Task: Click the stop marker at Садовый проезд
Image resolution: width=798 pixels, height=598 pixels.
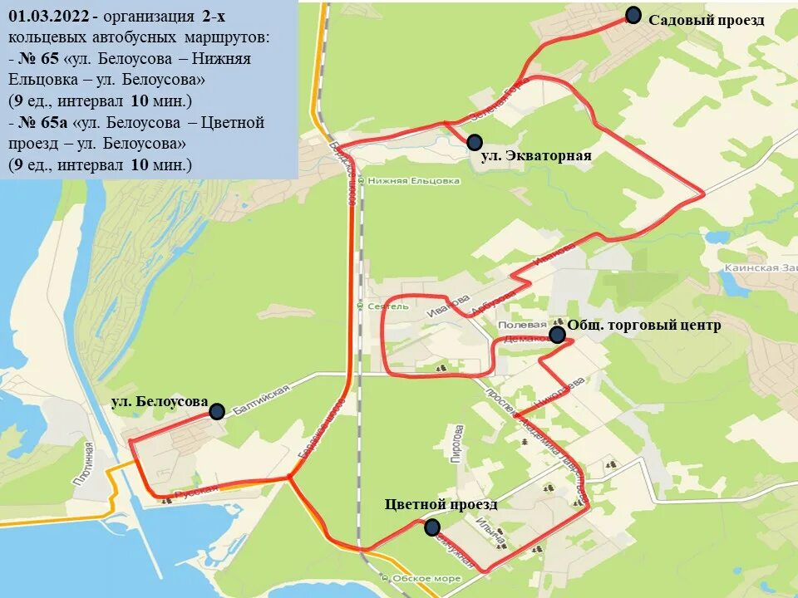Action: pos(633,16)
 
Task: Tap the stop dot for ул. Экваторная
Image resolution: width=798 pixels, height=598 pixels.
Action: pos(475,142)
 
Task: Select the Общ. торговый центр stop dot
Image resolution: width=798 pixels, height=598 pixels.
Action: pos(557,335)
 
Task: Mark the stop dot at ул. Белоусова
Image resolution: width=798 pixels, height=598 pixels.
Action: pos(217,411)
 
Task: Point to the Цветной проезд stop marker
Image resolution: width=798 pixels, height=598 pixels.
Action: pos(432,527)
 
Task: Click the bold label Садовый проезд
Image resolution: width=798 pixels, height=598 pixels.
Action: pos(706,20)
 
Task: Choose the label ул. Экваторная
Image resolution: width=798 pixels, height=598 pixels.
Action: pos(536,156)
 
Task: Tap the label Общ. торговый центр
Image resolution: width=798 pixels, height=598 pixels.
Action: pos(644,325)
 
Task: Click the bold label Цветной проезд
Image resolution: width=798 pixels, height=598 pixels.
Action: pos(441,504)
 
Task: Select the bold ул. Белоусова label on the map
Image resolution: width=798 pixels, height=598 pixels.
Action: pos(160,402)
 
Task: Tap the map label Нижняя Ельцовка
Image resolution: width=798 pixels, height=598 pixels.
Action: pos(413,180)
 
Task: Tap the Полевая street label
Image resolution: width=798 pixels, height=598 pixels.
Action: pos(522,325)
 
